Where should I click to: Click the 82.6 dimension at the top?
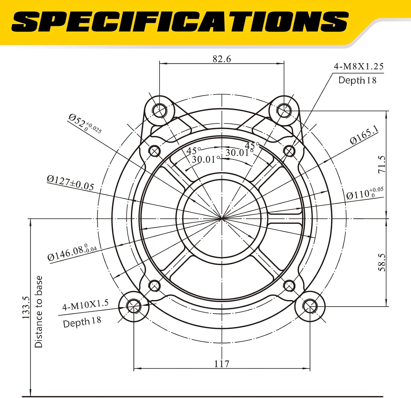click(222, 59)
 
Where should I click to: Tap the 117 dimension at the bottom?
click(221, 364)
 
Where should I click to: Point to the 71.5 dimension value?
click(382, 164)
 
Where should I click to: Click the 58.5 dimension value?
click(382, 262)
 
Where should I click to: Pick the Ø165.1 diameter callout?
click(364, 135)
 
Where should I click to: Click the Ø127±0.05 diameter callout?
click(70, 183)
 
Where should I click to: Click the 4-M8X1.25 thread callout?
click(358, 67)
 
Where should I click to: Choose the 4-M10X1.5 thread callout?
click(85, 305)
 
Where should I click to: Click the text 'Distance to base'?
click(39, 312)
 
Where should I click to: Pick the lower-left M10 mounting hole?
click(134, 306)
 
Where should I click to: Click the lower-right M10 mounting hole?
click(310, 306)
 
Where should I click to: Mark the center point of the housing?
click(222, 218)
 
